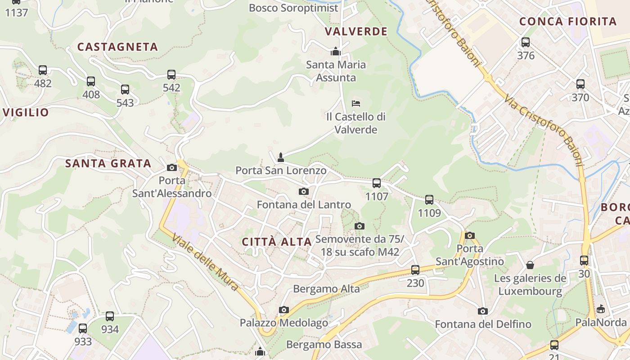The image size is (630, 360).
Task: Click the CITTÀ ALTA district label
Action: (x=277, y=242)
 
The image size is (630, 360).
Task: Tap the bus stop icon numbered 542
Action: (x=171, y=75)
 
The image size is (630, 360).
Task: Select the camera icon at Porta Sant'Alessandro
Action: (x=172, y=167)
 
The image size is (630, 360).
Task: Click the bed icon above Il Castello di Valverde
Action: (x=356, y=103)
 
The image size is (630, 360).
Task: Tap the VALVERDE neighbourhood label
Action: (x=356, y=31)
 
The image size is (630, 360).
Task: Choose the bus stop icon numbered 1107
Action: (x=377, y=183)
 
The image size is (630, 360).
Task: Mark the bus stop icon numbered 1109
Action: (x=429, y=200)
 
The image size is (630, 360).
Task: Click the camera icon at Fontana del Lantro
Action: (x=304, y=192)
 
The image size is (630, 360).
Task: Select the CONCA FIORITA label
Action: (x=568, y=21)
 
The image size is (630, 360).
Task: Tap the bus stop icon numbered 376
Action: (x=526, y=43)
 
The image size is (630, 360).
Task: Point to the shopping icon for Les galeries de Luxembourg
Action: (x=530, y=265)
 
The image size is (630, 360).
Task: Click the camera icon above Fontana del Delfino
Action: (x=483, y=311)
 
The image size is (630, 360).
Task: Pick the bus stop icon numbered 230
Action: (x=415, y=270)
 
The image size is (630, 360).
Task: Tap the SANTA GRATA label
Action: (x=108, y=163)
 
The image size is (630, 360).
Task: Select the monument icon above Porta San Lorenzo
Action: (x=281, y=157)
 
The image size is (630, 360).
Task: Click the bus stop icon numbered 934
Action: (x=110, y=316)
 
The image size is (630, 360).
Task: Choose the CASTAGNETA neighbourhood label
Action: (x=117, y=47)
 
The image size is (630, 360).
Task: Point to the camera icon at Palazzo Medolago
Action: (x=283, y=310)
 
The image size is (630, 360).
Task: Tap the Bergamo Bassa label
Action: (x=324, y=345)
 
